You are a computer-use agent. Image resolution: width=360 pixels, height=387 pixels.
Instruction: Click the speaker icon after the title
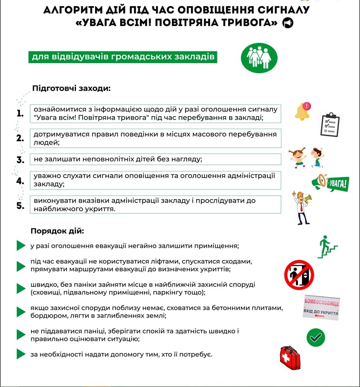(287, 23)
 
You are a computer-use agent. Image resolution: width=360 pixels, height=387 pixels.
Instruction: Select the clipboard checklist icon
(330, 124)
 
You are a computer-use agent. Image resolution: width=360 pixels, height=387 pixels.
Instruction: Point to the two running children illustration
(307, 158)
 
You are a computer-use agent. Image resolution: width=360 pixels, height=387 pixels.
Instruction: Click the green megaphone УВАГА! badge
(330, 183)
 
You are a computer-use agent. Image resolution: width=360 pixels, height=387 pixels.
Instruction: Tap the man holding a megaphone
(301, 207)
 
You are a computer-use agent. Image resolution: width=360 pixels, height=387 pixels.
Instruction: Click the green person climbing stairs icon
(327, 247)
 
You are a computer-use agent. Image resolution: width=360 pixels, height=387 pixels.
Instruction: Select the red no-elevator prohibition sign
(299, 275)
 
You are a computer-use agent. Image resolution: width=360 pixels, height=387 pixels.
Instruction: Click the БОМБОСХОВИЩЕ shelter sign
(321, 308)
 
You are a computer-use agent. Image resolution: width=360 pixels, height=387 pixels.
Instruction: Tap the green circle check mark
(315, 337)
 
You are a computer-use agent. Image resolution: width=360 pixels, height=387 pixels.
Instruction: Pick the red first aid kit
(290, 358)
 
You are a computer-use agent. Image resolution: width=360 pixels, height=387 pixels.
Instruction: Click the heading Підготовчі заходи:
(71, 88)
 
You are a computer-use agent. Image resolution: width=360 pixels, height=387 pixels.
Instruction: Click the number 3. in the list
(20, 160)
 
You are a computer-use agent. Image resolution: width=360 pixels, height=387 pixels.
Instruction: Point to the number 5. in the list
(20, 206)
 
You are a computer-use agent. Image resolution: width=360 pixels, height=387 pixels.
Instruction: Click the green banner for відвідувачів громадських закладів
(123, 57)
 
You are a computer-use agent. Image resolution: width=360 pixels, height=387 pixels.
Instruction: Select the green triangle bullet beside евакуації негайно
(21, 246)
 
